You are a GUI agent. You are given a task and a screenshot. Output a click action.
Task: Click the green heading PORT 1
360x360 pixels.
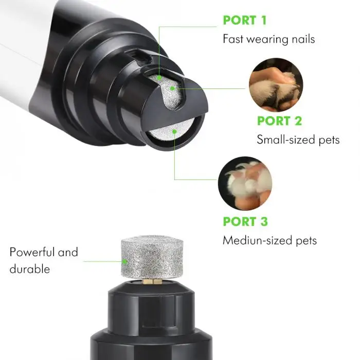245,20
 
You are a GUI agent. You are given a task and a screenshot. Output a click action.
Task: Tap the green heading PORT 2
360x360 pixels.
279,121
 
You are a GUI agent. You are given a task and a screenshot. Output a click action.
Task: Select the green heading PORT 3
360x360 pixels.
245,222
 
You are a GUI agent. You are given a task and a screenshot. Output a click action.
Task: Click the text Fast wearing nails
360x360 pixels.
268,39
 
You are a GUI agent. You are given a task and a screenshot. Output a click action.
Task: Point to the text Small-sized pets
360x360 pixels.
298,139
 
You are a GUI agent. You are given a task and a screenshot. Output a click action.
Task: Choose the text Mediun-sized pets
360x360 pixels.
269,240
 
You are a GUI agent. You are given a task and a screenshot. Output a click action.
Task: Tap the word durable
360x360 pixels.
30,268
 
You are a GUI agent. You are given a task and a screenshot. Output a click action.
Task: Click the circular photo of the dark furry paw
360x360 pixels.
276,85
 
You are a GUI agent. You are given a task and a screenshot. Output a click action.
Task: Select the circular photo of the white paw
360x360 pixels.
245,184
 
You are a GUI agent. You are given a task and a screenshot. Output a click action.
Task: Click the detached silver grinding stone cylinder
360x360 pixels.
152,257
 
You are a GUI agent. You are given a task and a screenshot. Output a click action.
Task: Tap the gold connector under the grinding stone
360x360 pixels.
152,281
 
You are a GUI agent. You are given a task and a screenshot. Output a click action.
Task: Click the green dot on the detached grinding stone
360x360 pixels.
124,261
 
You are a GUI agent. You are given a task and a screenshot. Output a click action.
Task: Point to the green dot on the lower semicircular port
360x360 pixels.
174,132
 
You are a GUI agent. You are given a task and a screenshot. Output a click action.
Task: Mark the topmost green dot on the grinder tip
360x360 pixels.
159,78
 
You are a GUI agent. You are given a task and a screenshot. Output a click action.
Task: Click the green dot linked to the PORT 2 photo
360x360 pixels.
172,88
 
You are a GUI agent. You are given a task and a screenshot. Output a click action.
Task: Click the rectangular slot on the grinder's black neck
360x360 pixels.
139,58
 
